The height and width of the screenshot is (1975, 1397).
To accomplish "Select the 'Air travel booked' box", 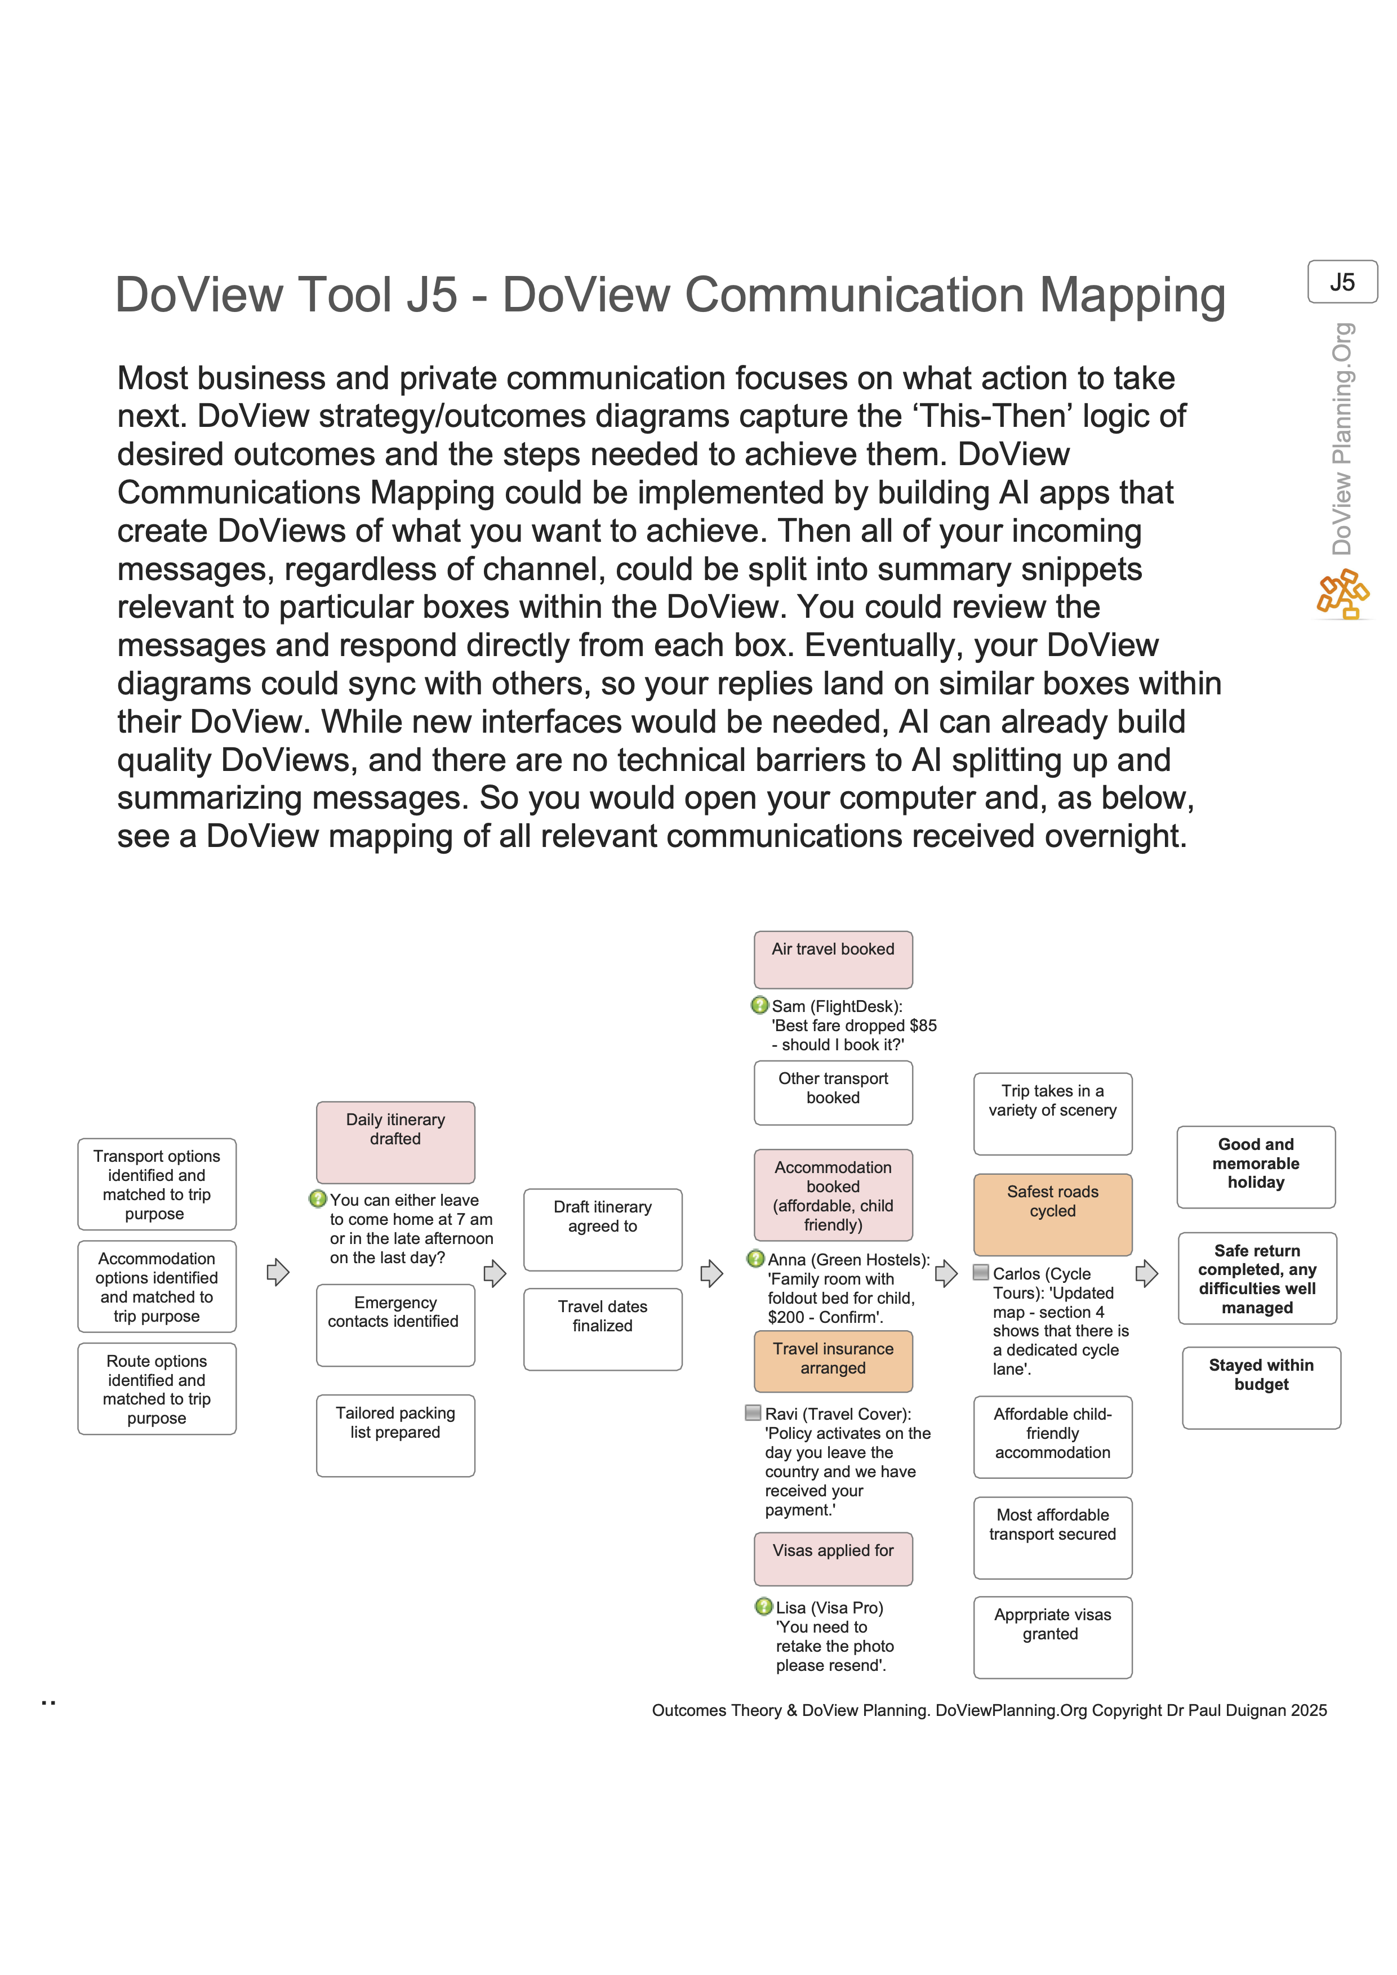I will pos(833,959).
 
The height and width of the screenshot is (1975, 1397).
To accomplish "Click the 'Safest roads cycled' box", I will pos(1052,1214).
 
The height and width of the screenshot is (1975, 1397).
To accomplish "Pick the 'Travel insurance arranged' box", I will pos(833,1361).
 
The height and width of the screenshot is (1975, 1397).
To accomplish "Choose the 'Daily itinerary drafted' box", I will pos(395,1142).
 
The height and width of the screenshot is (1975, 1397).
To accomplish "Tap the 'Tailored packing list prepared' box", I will pos(395,1435).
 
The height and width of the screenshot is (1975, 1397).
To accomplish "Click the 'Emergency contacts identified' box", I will pos(395,1324).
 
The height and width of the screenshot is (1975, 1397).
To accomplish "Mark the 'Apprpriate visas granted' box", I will pos(1052,1636).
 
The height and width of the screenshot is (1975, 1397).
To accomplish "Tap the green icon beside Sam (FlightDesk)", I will pos(759,1005).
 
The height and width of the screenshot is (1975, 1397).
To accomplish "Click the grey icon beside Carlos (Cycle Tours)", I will pos(981,1272).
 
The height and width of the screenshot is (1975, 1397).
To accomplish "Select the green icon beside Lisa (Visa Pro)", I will pos(763,1606).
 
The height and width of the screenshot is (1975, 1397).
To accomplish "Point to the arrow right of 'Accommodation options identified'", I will pos(277,1272).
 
